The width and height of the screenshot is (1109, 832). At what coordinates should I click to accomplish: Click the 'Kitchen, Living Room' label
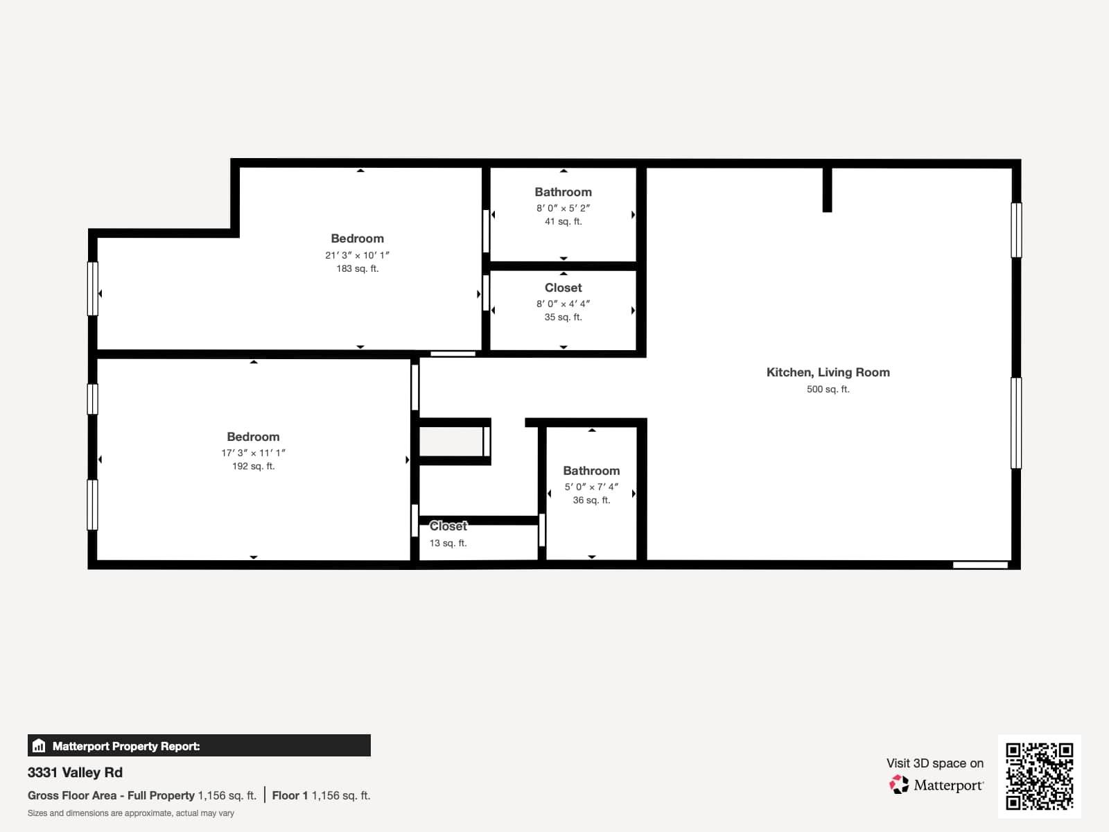coord(828,372)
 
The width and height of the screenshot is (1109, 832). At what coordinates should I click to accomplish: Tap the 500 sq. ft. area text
coord(828,390)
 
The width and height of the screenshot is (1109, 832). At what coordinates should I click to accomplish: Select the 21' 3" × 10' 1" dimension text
coord(357,255)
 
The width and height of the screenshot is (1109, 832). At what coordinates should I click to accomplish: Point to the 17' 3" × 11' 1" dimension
coord(253,453)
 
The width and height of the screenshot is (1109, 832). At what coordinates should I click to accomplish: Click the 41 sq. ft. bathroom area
coord(563,222)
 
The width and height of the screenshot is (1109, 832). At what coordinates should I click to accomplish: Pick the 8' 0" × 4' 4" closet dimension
coord(563,304)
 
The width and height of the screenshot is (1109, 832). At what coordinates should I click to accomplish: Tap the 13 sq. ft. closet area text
coord(448,543)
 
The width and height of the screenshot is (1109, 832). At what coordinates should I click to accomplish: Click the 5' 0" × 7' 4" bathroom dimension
coord(591,487)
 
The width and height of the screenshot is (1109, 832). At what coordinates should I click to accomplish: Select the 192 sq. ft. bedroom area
coord(253,467)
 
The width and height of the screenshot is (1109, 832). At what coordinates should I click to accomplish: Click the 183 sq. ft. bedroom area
coord(357,269)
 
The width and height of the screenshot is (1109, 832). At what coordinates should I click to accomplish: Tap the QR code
coord(1039,776)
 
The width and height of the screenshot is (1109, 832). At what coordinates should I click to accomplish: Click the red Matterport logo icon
coord(899,785)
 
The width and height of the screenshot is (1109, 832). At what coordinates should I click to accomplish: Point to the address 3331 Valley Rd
coord(75,772)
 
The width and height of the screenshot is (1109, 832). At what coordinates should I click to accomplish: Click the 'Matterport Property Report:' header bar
coord(199,746)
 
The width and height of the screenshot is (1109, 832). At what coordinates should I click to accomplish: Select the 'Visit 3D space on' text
coord(934,763)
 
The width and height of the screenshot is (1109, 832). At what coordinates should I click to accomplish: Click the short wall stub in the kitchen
coord(827,189)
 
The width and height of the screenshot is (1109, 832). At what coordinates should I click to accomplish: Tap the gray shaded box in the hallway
coord(451,442)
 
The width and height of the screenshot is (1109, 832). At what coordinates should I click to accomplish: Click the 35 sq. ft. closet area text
coord(563,318)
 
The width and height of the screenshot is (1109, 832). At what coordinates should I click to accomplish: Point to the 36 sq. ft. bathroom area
coord(591,501)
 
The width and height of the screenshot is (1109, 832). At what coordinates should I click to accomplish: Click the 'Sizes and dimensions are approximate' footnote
coord(131,813)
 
